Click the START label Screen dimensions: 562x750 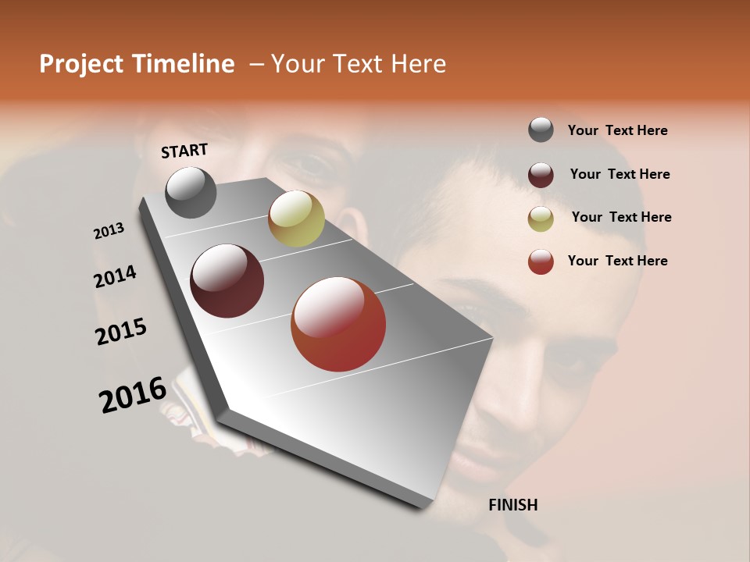click(184, 151)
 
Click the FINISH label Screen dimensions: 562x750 click(512, 505)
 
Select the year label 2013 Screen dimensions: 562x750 click(109, 231)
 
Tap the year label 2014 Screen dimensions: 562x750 click(115, 276)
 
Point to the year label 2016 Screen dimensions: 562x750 click(133, 394)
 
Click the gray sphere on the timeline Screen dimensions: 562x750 click(191, 192)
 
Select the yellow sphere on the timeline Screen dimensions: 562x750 click(296, 219)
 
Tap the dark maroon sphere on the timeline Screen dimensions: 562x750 click(227, 281)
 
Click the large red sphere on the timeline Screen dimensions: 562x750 click(338, 324)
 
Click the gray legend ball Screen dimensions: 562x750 click(541, 130)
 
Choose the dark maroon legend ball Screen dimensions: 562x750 click(541, 175)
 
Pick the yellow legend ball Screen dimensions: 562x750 click(541, 219)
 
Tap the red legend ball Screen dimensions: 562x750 click(541, 261)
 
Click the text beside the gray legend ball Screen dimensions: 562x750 click(617, 130)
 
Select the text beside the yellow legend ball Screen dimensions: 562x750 click(621, 217)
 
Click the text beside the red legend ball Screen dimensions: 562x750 click(617, 261)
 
